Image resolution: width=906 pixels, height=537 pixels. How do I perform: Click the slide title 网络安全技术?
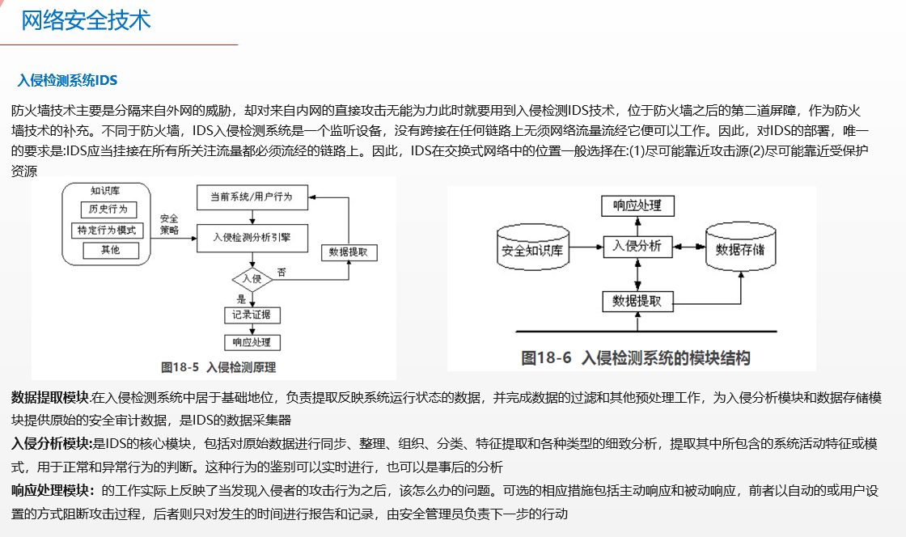pyautogui.click(x=86, y=20)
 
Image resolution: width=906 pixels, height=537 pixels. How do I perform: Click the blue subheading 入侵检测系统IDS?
pyautogui.click(x=67, y=80)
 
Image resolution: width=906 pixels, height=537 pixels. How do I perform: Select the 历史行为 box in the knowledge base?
pyautogui.click(x=109, y=209)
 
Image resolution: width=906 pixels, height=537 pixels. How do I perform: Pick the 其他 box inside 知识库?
pyautogui.click(x=109, y=251)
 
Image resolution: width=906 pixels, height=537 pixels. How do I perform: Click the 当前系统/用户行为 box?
pyautogui.click(x=252, y=197)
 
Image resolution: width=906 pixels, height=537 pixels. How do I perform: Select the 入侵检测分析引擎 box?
pyautogui.click(x=252, y=237)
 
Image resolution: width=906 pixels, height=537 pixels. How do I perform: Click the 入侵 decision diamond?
pyautogui.click(x=252, y=279)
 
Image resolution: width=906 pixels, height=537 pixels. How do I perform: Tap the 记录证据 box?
pyautogui.click(x=252, y=315)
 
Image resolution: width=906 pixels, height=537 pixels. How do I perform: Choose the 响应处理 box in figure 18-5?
pyautogui.click(x=252, y=342)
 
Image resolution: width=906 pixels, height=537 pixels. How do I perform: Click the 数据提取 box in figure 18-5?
pyautogui.click(x=349, y=252)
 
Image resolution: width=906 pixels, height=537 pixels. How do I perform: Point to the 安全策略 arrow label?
pyautogui.click(x=169, y=224)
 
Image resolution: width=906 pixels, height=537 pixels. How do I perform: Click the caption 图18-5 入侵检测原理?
pyautogui.click(x=218, y=367)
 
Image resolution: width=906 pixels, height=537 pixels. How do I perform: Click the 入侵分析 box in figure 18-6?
pyautogui.click(x=638, y=246)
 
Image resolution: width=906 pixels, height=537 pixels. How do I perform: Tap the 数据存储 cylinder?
pyautogui.click(x=740, y=248)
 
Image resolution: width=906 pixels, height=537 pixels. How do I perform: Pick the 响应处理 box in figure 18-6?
pyautogui.click(x=638, y=205)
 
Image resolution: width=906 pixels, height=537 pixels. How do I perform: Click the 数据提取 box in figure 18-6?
pyautogui.click(x=638, y=301)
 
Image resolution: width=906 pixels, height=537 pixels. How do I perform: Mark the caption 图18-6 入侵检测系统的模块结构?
pyautogui.click(x=635, y=357)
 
